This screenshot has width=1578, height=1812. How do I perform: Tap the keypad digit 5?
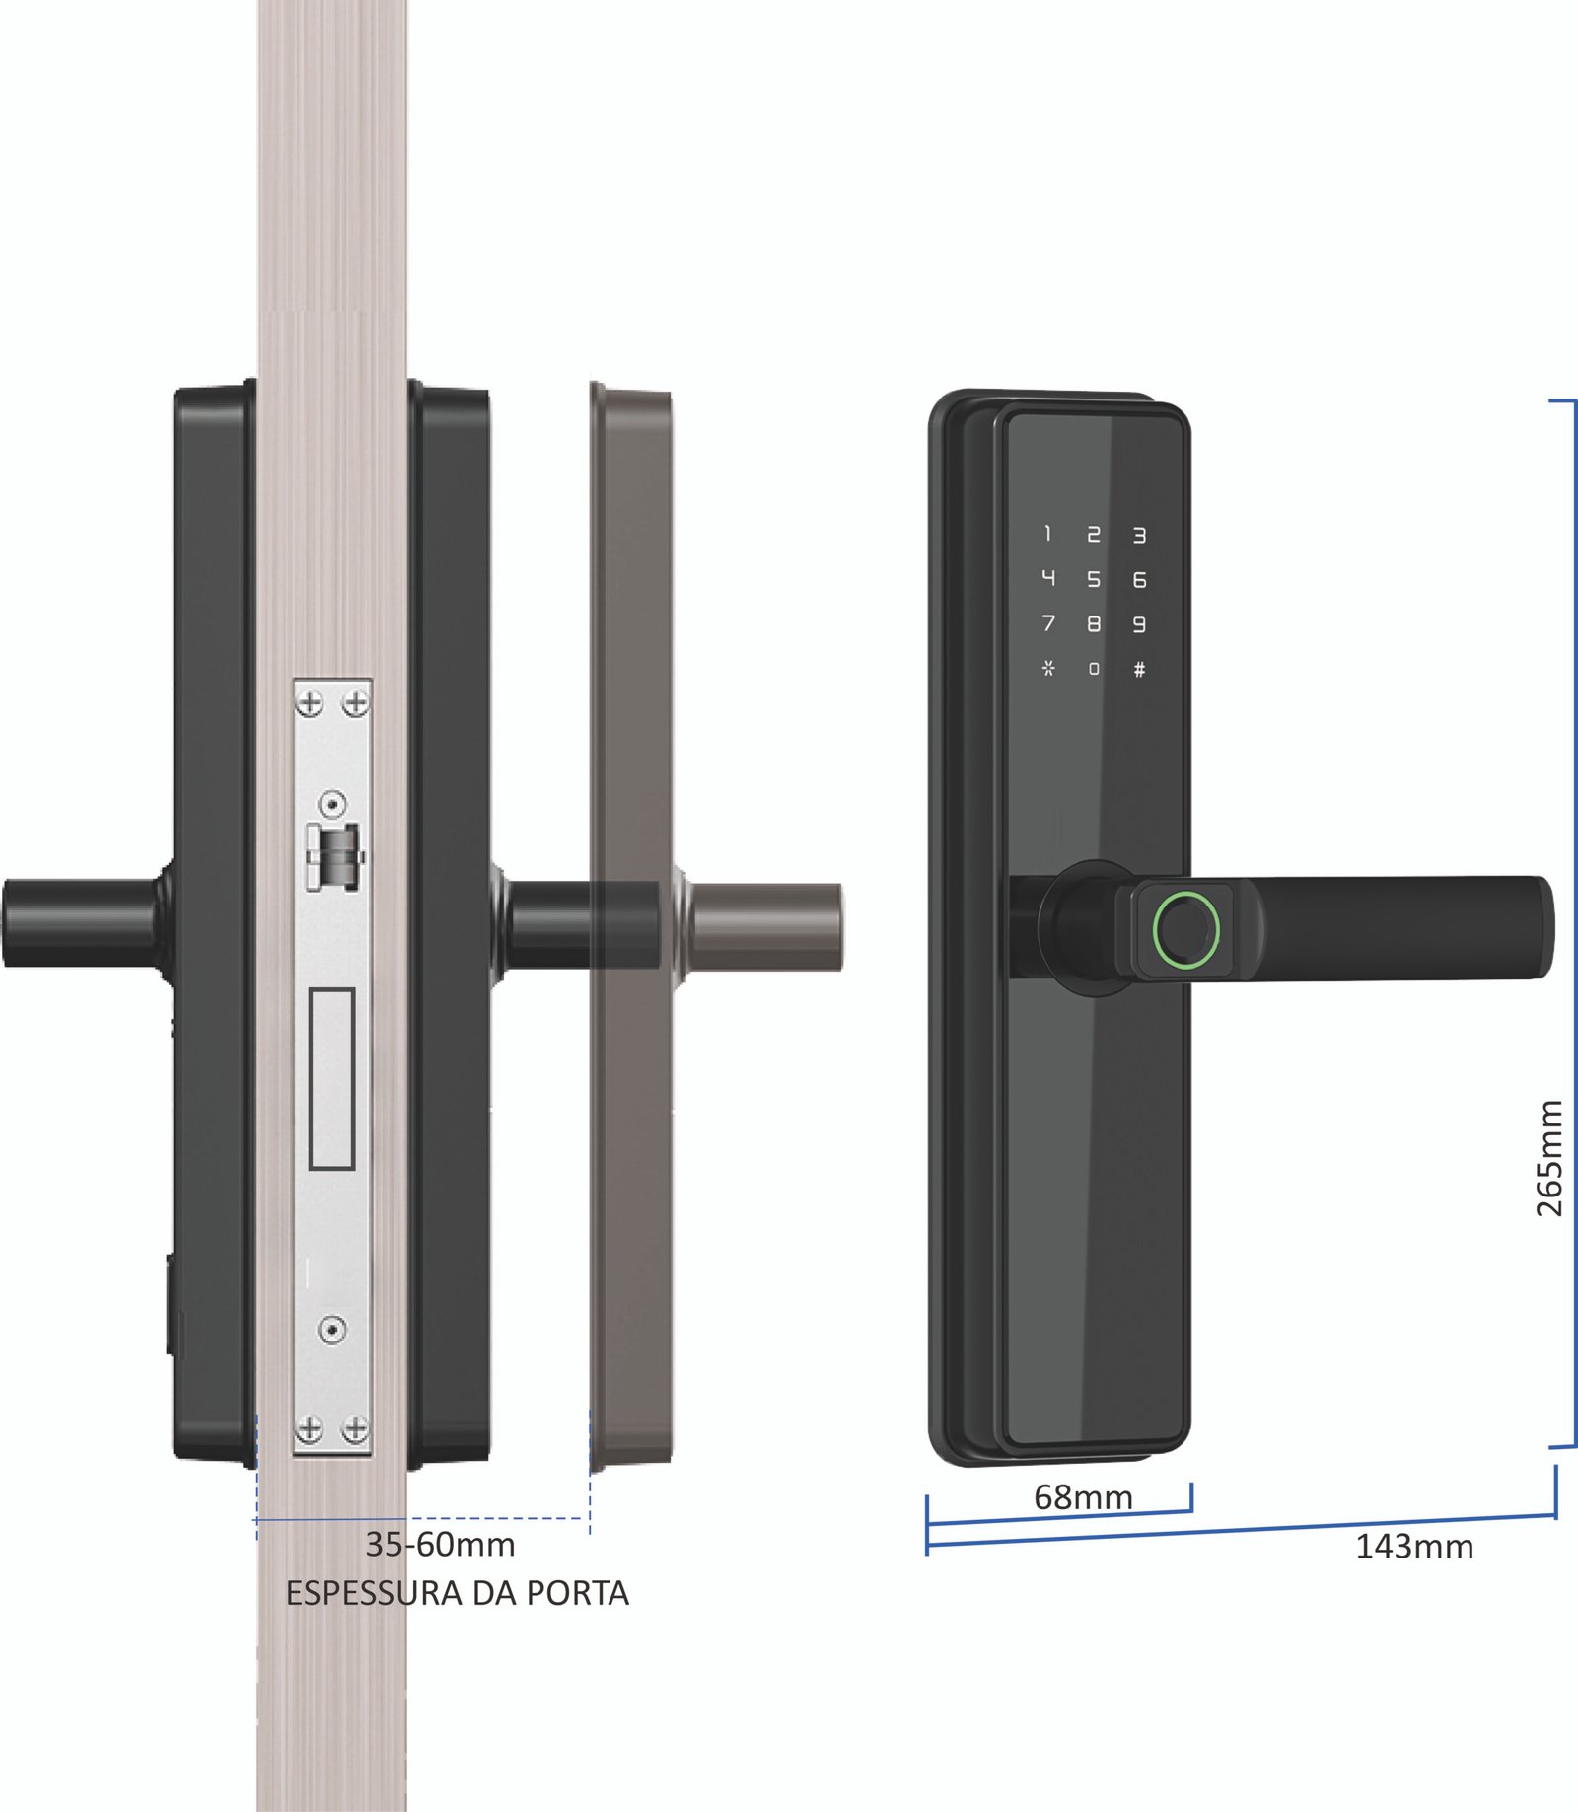[x=1093, y=579]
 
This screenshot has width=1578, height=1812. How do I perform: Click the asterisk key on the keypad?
[x=1048, y=668]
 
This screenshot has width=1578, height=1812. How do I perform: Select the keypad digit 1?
[x=1047, y=534]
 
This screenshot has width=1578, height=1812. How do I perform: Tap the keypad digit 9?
[x=1139, y=624]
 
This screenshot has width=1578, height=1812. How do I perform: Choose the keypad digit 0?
[x=1093, y=669]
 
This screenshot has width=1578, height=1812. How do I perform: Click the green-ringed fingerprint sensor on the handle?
[x=1186, y=928]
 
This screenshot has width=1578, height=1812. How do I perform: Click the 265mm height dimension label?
[x=1549, y=1158]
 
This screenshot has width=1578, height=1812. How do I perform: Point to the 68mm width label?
[x=1082, y=1497]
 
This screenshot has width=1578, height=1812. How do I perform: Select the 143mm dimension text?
[x=1413, y=1547]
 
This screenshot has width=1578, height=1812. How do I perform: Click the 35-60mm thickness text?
[x=440, y=1545]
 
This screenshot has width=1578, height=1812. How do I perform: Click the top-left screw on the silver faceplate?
[x=310, y=703]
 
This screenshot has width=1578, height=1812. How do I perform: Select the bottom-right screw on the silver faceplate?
[x=355, y=1428]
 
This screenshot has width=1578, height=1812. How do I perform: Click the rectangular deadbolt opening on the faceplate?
[x=331, y=1079]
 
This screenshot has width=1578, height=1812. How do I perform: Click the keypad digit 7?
[x=1048, y=623]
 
